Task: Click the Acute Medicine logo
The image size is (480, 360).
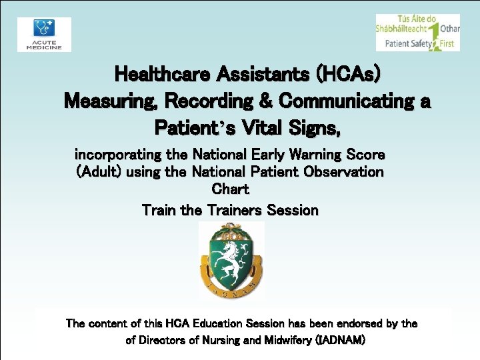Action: [44, 34]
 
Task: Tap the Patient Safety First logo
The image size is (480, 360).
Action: [417, 33]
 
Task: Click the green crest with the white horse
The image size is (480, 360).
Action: [231, 261]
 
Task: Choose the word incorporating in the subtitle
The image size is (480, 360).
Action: [118, 155]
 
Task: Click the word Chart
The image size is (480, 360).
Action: [230, 189]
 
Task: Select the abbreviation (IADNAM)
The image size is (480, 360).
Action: [339, 340]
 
